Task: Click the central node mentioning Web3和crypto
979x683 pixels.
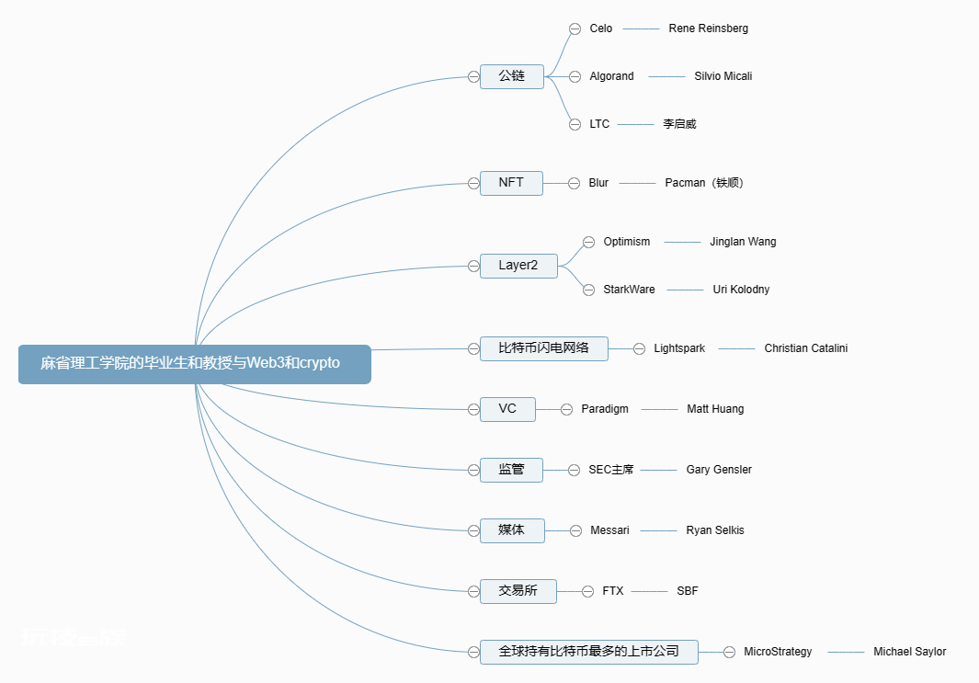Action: click(x=195, y=364)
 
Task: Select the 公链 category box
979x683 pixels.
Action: click(x=512, y=77)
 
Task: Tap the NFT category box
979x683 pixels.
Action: click(x=511, y=183)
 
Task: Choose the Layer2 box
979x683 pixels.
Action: click(x=518, y=266)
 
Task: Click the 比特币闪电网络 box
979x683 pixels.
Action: click(x=544, y=348)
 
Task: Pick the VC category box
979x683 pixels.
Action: click(x=507, y=410)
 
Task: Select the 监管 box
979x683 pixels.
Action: click(x=511, y=470)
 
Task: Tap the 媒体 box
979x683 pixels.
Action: click(x=512, y=530)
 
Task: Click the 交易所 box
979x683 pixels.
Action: click(x=518, y=591)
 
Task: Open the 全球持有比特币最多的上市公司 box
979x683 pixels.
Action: click(x=588, y=652)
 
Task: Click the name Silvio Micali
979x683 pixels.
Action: click(x=723, y=76)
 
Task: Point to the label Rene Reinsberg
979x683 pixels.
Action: click(x=708, y=28)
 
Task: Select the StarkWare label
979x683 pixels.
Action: click(x=629, y=289)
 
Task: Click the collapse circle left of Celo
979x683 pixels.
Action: click(x=575, y=28)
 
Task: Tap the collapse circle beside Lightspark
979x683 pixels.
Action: click(x=640, y=349)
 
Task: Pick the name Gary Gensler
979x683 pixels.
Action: click(x=719, y=470)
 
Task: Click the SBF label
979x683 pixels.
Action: click(x=688, y=590)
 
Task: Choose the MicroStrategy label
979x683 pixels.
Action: click(x=778, y=652)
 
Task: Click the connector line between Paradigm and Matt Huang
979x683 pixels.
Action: click(x=659, y=410)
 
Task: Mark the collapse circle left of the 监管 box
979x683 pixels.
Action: click(x=474, y=470)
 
